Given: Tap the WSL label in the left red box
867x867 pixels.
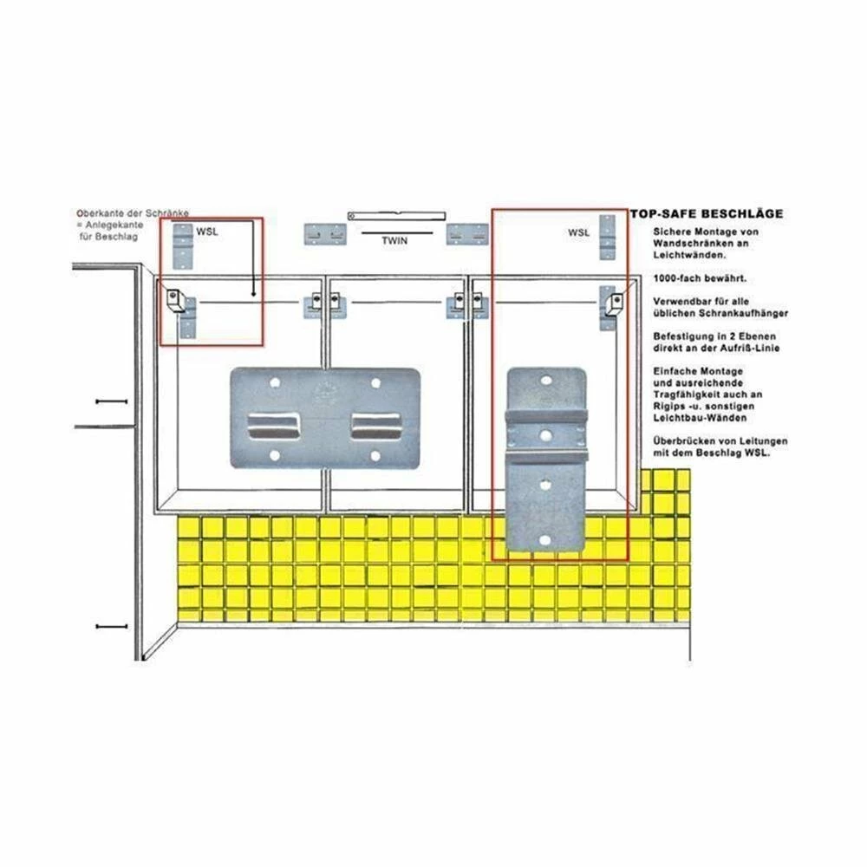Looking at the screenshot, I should pyautogui.click(x=207, y=231).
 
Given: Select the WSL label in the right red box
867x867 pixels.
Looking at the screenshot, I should pyautogui.click(x=578, y=232).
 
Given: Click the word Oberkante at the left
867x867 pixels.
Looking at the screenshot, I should pyautogui.click(x=95, y=212).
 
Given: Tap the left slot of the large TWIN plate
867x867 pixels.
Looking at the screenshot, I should pyautogui.click(x=273, y=425).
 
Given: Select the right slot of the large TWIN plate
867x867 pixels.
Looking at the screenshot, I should pyautogui.click(x=375, y=425).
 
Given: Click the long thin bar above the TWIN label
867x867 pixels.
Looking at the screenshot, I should pyautogui.click(x=396, y=214).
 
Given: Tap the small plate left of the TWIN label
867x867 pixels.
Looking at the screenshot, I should pyautogui.click(x=323, y=234).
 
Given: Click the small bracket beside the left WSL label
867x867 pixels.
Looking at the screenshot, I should pyautogui.click(x=184, y=245).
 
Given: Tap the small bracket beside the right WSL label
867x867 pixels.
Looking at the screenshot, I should pyautogui.click(x=609, y=238).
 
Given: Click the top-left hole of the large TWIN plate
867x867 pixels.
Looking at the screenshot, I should pyautogui.click(x=275, y=381).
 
